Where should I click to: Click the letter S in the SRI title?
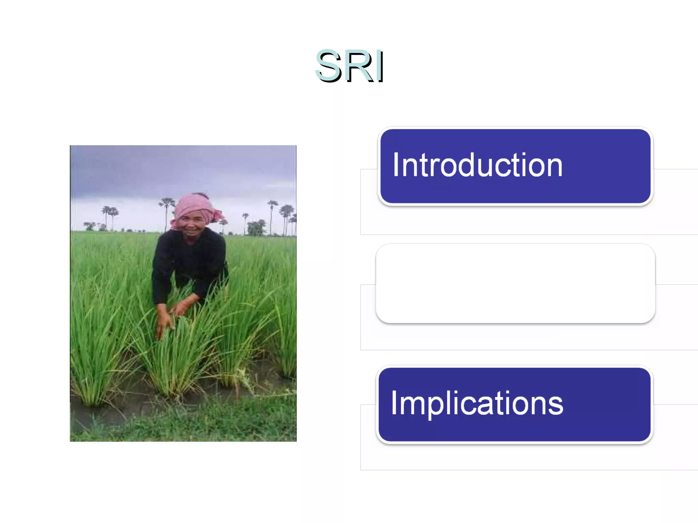(x=328, y=66)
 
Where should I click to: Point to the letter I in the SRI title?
(x=381, y=66)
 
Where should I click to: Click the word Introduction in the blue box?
(x=477, y=165)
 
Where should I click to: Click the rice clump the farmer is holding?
(x=177, y=358)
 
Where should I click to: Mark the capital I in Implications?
(x=394, y=403)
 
